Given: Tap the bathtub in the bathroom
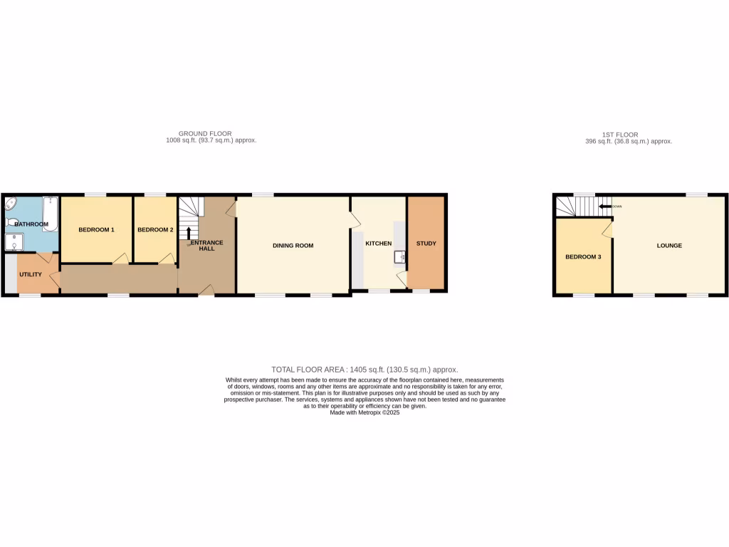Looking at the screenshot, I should click(51, 210).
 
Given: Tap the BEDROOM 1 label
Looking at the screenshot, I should click(96, 229).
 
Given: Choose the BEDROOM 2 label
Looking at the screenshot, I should click(155, 229).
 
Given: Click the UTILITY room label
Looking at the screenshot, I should click(31, 275).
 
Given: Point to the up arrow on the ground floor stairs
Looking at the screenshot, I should click(189, 233).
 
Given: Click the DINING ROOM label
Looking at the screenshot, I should click(293, 246).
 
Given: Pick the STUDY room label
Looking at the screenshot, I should click(426, 244).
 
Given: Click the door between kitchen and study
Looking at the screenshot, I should click(402, 281).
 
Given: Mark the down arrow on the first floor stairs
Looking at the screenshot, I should click(604, 207).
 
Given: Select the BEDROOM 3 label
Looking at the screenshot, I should click(583, 256).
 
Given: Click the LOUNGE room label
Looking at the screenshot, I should click(669, 246).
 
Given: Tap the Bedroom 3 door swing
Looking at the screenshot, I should click(607, 229).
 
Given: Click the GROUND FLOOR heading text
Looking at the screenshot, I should click(204, 134).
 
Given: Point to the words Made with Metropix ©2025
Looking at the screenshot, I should click(364, 412).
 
